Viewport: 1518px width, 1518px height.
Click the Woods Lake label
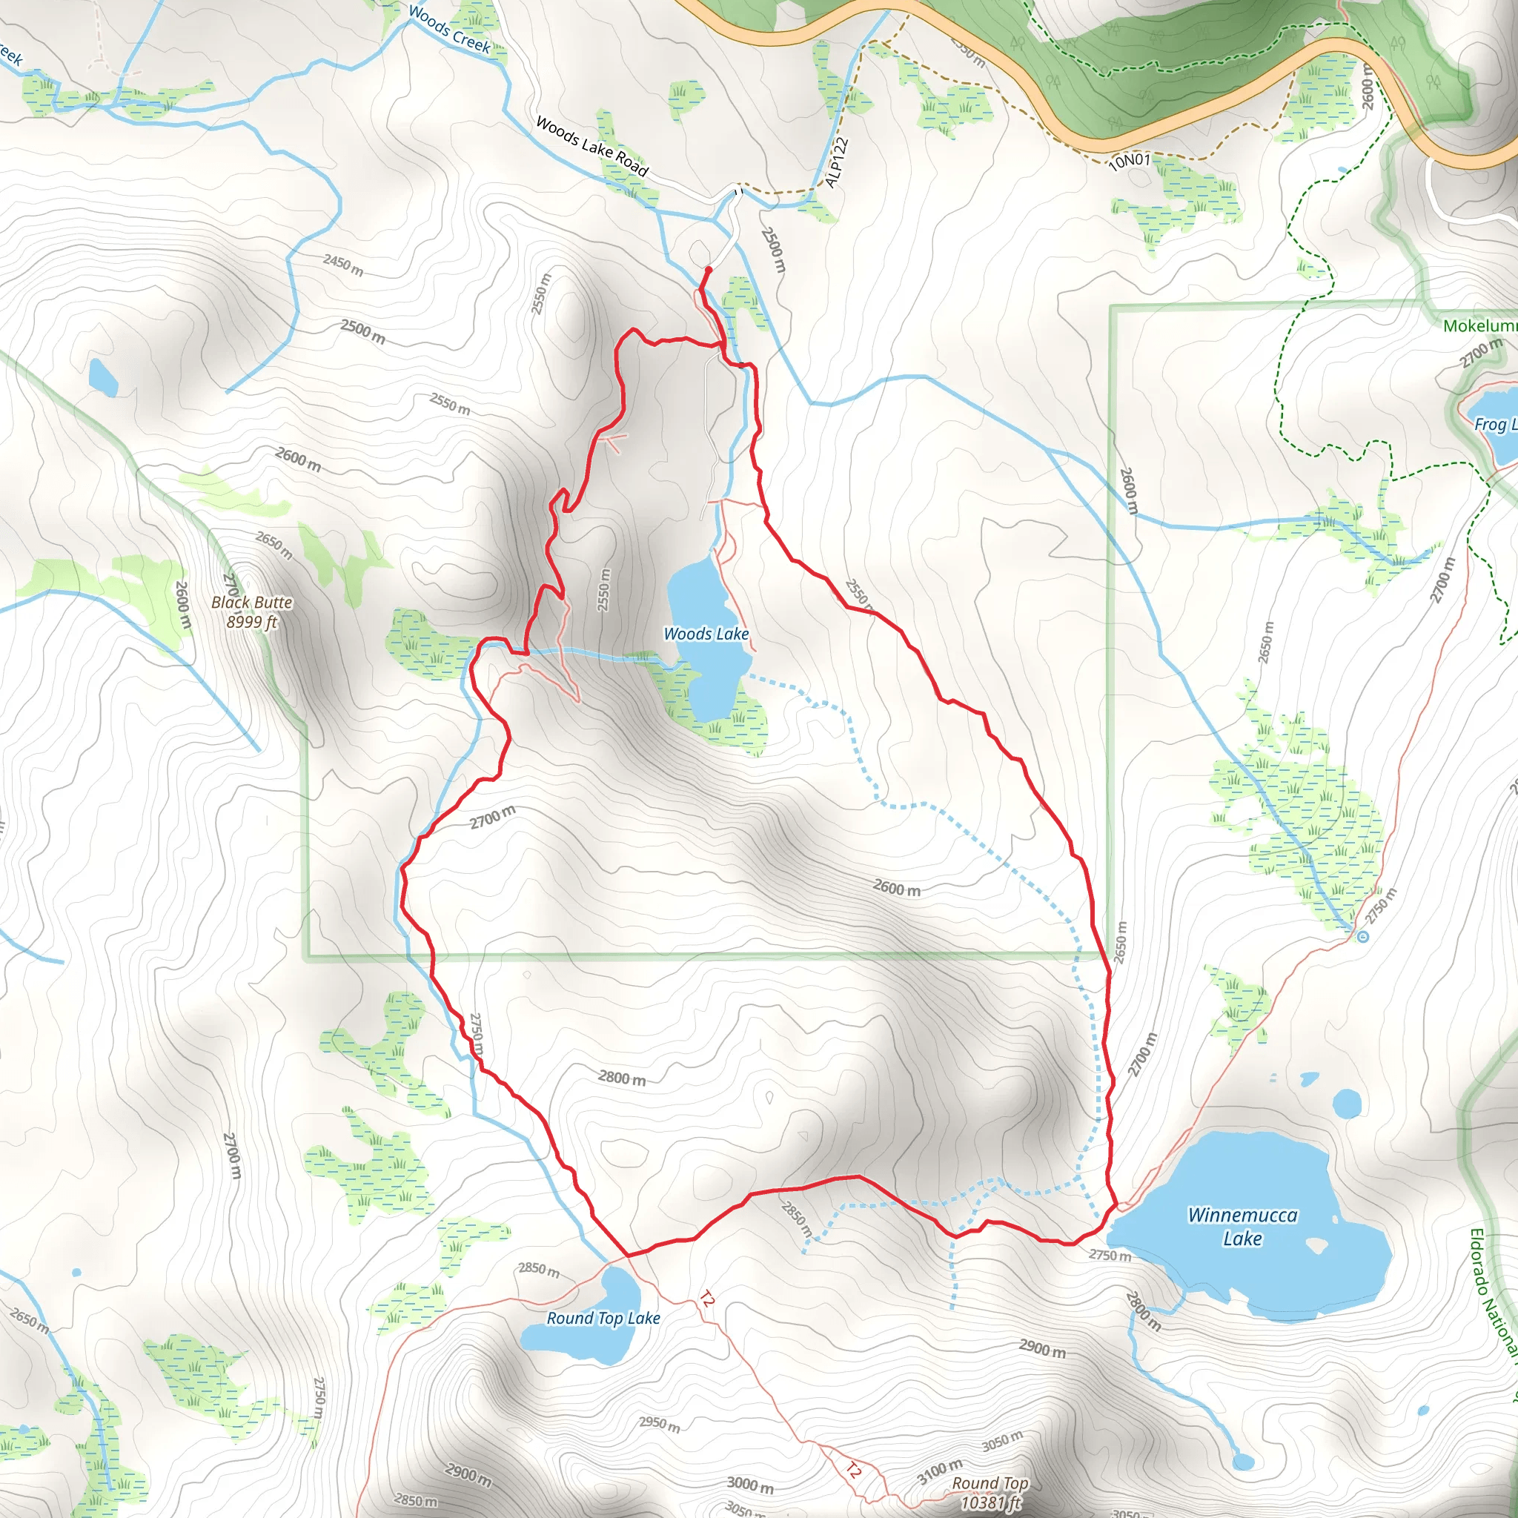click(x=706, y=634)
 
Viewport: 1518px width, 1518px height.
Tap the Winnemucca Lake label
click(x=1242, y=1227)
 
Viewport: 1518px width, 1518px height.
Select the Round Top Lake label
click(x=603, y=1319)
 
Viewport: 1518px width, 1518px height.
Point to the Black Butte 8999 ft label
click(x=251, y=612)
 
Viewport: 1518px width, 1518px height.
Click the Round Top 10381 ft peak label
click(x=990, y=1493)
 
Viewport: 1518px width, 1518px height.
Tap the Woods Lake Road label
click(x=591, y=145)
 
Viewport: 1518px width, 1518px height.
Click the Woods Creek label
click(x=449, y=30)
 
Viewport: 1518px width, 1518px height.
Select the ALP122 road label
click(x=838, y=162)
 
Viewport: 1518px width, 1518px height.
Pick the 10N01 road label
click(x=1129, y=161)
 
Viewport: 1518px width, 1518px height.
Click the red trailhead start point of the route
click(x=708, y=270)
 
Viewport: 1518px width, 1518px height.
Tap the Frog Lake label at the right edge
click(x=1494, y=425)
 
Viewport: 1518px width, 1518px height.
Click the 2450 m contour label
click(x=343, y=265)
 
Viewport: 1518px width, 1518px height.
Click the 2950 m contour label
click(x=659, y=1423)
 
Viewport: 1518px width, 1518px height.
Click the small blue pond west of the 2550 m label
click(x=103, y=377)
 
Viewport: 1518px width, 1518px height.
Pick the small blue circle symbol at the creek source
click(x=1362, y=936)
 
